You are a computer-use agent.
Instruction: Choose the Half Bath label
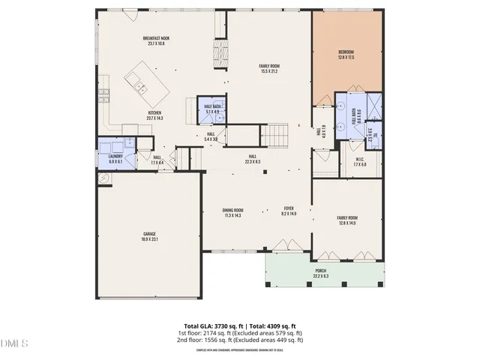212,109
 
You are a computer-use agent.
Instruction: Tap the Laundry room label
116,159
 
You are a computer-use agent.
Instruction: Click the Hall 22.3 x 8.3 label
252,159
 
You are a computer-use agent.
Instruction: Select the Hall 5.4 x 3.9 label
211,136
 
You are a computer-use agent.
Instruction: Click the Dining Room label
232,212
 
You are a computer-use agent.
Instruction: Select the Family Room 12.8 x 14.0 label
346,220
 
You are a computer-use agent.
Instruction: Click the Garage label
150,236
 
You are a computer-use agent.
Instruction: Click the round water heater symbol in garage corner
104,178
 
